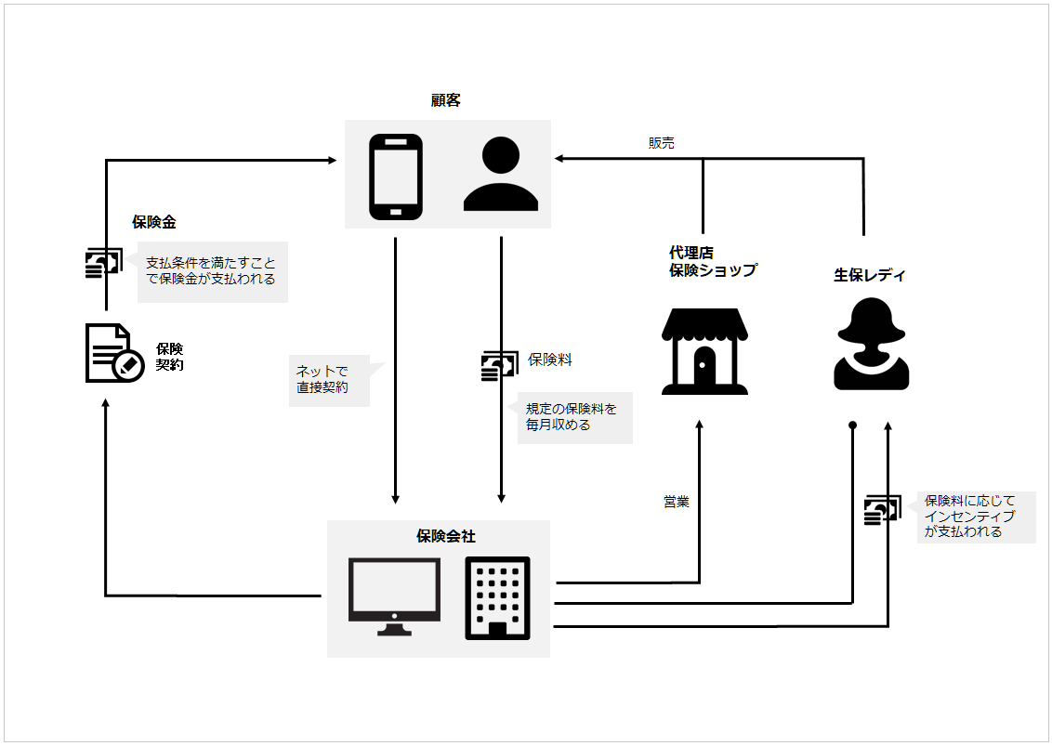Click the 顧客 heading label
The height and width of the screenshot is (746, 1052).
click(x=446, y=100)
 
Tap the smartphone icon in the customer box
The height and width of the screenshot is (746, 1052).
click(x=396, y=177)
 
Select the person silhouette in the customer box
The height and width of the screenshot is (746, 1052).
click(x=501, y=175)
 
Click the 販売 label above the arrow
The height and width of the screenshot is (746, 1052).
click(x=662, y=143)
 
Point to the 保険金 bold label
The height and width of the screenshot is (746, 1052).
click(x=154, y=222)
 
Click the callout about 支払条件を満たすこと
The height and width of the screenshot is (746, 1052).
click(x=212, y=271)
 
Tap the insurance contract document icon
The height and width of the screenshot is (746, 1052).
click(x=113, y=353)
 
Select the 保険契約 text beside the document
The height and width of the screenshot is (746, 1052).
click(x=170, y=357)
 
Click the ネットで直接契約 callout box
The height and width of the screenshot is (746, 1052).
click(x=328, y=380)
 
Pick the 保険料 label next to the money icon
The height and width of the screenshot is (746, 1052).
click(x=550, y=360)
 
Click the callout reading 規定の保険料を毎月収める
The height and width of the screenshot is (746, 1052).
click(x=573, y=417)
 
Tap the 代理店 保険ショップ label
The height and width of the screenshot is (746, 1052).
click(x=712, y=262)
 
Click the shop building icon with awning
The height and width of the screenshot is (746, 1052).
click(x=705, y=352)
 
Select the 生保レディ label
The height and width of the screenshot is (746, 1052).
click(x=869, y=275)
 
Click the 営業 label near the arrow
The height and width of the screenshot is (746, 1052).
click(x=677, y=502)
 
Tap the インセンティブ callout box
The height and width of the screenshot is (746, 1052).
click(x=975, y=517)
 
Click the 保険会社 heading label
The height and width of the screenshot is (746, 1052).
click(x=446, y=536)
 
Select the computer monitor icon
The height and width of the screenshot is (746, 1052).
click(x=394, y=595)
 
